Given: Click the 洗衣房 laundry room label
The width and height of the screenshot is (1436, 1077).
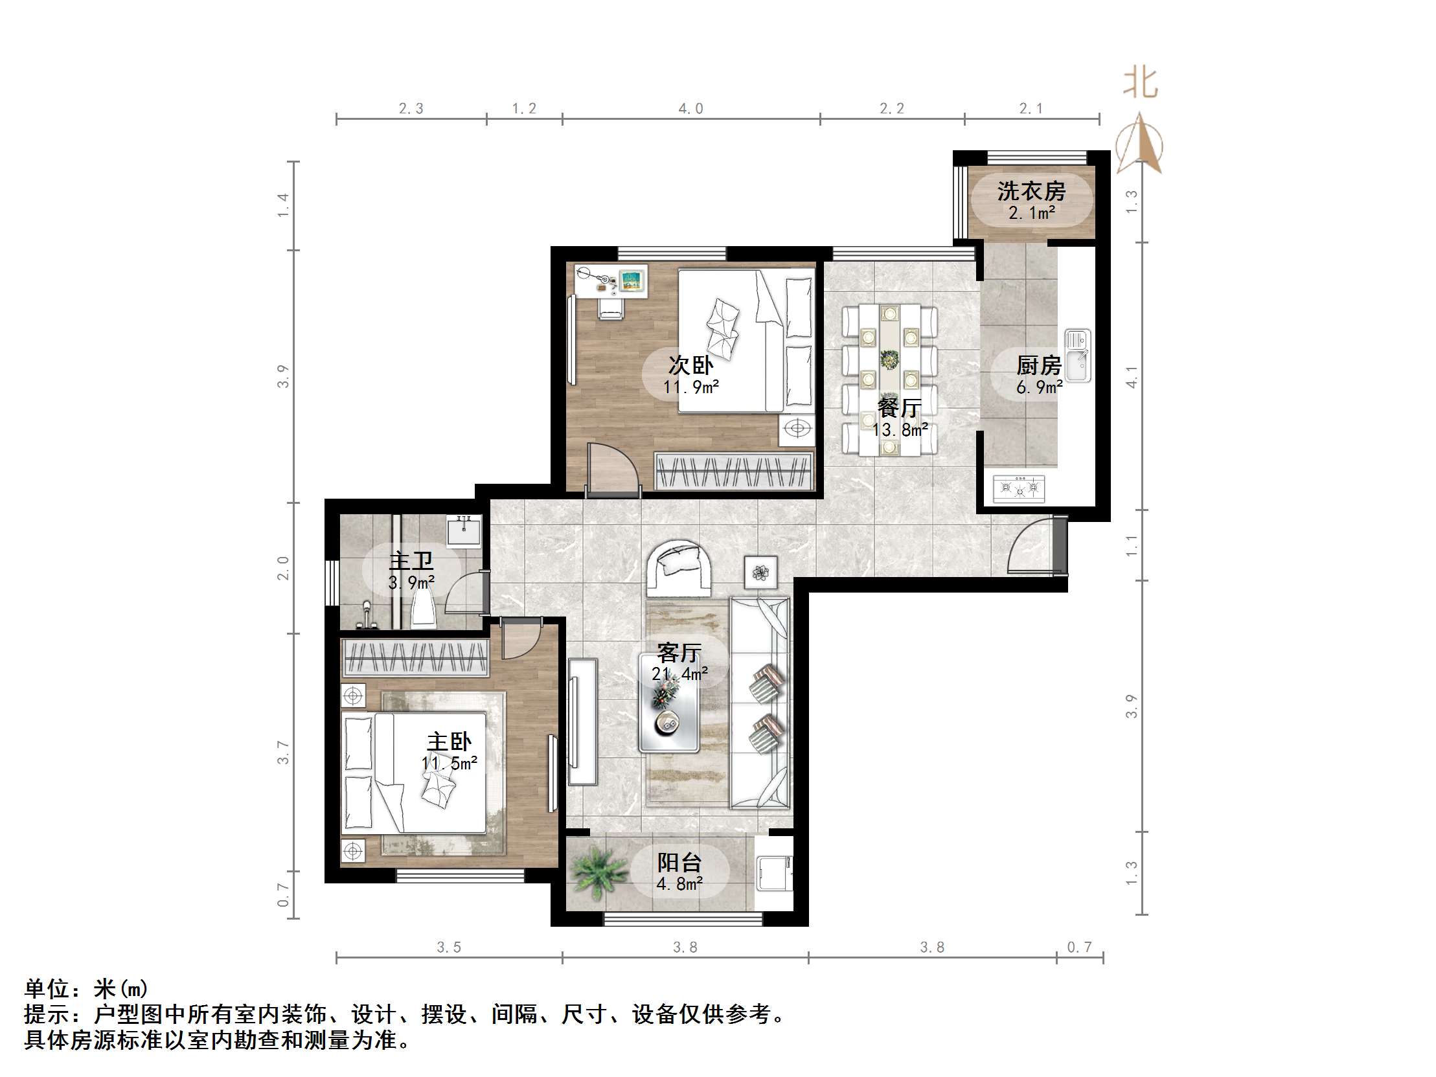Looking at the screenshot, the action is [1032, 191].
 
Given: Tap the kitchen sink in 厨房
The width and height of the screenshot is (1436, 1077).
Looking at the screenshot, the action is [1078, 356].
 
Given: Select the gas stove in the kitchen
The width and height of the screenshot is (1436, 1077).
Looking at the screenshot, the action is [1020, 489].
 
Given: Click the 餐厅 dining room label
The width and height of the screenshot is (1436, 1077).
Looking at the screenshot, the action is [899, 408].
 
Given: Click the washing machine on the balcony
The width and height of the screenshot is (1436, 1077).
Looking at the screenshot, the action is [775, 872].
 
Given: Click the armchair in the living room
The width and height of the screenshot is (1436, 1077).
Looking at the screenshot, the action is [679, 567].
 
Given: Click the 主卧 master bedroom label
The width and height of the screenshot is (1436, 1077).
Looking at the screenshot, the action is [449, 742].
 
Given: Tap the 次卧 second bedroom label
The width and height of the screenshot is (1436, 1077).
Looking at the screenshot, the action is [690, 365].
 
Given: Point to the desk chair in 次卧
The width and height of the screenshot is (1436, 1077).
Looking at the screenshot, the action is [610, 308].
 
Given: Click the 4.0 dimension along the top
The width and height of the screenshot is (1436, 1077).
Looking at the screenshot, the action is [690, 108].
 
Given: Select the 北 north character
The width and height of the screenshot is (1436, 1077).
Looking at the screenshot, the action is [1141, 83].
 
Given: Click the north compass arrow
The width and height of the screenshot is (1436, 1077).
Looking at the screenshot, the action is [1139, 144].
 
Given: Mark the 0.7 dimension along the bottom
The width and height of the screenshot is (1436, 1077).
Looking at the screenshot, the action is [1080, 947].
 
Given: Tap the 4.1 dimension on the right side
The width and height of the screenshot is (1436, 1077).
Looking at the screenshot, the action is [1132, 377].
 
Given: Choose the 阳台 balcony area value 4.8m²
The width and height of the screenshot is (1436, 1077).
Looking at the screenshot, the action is [679, 883].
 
